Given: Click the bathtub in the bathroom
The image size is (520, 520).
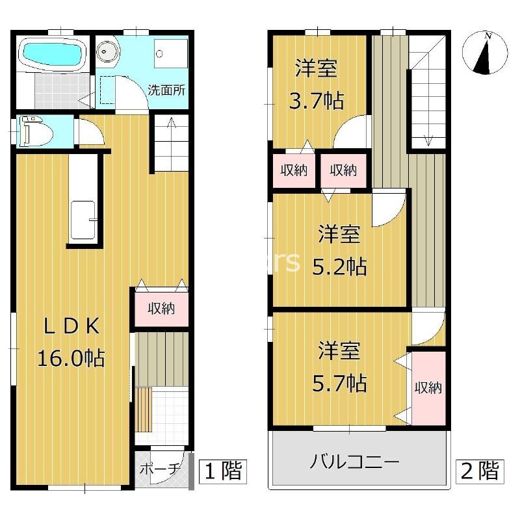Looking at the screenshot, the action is [x=53, y=54].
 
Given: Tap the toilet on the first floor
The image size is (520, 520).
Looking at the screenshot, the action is [x=36, y=131].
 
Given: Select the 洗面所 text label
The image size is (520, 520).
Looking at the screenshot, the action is [x=166, y=90].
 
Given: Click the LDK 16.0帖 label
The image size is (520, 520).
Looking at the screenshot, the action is [x=71, y=343].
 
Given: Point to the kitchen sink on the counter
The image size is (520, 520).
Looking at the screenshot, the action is [x=83, y=220].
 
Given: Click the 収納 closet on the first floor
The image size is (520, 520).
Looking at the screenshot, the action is [x=161, y=309].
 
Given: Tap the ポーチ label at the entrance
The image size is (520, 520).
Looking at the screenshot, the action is [x=159, y=469].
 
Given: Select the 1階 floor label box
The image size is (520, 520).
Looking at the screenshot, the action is [x=222, y=471].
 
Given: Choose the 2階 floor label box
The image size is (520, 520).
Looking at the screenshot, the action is [x=480, y=471].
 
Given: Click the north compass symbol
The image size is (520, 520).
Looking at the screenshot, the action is [x=485, y=53].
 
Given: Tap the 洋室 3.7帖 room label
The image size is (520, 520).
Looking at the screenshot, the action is [x=316, y=84].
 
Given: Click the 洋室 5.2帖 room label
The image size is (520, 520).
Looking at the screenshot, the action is [x=339, y=250].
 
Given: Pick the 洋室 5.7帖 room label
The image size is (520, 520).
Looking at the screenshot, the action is [x=339, y=366].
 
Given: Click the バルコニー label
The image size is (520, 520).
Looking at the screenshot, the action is [x=354, y=461].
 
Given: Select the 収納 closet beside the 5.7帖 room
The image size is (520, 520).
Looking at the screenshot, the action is [x=428, y=387].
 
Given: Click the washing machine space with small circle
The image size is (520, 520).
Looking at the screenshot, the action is [x=171, y=53].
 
